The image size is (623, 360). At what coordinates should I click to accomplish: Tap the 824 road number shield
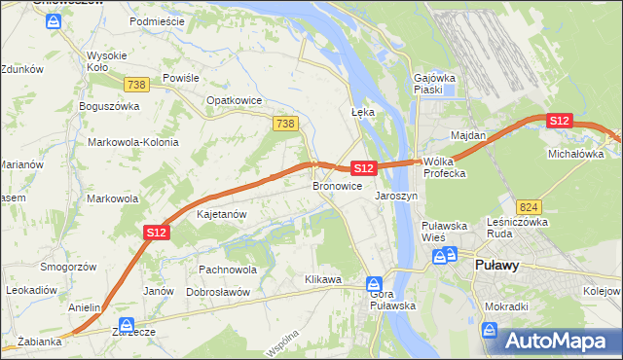pos(530,207)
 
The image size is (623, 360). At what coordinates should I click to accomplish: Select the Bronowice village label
pos(338,185)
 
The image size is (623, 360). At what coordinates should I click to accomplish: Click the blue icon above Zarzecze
pos(125,325)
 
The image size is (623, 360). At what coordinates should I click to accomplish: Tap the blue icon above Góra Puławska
pos(375,284)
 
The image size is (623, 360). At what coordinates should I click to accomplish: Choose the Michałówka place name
pos(573,154)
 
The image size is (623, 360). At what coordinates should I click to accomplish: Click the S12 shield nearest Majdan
pos(558,120)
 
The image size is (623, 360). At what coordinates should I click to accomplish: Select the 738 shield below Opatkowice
pos(284,123)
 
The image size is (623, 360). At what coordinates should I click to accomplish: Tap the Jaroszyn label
pos(396,195)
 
